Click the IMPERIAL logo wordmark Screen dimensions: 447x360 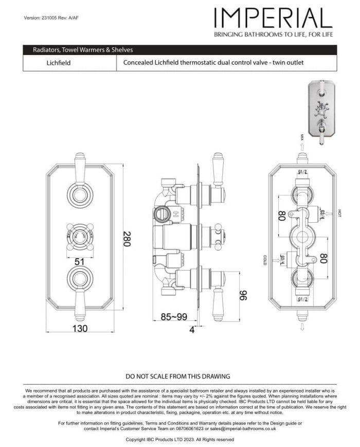pyautogui.click(x=273, y=19)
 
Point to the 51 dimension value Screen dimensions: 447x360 pyautogui.click(x=79, y=261)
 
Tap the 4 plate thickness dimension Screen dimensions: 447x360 pyautogui.click(x=192, y=330)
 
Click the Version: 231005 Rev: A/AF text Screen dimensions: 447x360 pyautogui.click(x=51, y=18)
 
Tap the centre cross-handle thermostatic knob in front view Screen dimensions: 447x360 pyautogui.click(x=79, y=237)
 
